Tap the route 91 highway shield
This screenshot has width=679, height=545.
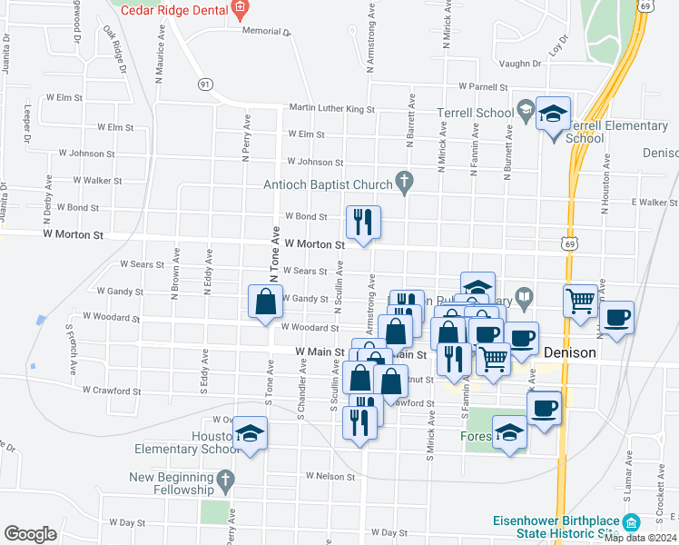point(205,84)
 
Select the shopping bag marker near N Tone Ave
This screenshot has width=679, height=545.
point(265,302)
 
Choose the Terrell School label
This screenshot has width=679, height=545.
point(475,114)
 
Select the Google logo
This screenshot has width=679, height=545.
point(30,534)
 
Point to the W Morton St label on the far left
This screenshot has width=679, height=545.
point(74,234)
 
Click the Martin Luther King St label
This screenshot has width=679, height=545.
point(331,108)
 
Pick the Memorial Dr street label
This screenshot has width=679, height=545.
point(265,31)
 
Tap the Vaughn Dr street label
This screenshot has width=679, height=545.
point(519,64)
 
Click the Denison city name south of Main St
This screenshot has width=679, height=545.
point(569,352)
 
